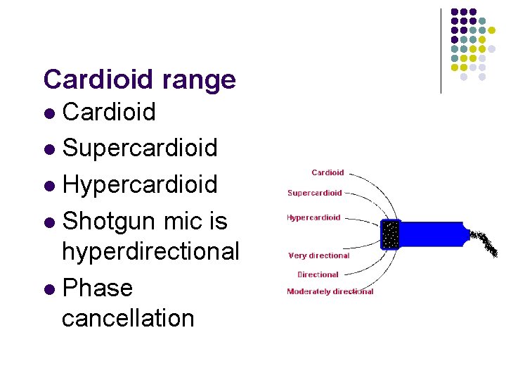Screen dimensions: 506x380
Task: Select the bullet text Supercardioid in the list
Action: click(140, 148)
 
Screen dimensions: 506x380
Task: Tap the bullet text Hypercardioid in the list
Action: click(140, 184)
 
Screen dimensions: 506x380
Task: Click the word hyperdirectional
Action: click(150, 251)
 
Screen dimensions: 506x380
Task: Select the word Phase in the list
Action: click(97, 288)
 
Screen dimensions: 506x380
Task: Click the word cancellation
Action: click(128, 318)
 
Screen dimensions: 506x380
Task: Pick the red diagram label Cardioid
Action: click(327, 172)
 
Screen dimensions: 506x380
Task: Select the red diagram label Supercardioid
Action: click(315, 193)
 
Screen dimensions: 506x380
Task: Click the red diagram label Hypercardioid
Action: click(313, 217)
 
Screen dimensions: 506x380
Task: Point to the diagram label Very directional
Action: click(319, 255)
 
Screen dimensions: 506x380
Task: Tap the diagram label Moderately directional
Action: click(330, 291)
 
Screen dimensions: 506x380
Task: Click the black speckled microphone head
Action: click(390, 234)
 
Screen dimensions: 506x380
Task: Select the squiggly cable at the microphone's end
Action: click(485, 242)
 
